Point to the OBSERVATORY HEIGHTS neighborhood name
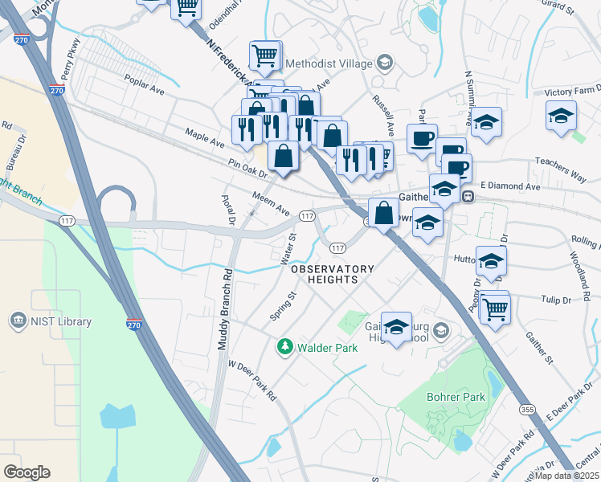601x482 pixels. [x=333, y=274]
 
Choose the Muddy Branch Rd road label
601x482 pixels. [x=224, y=307]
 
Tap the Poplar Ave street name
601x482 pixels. [x=145, y=85]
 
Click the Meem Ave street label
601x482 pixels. [x=271, y=202]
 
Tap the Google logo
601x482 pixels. [x=27, y=472]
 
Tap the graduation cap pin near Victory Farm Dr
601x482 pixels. [x=562, y=116]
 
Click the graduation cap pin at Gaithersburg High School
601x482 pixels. [x=396, y=327]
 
